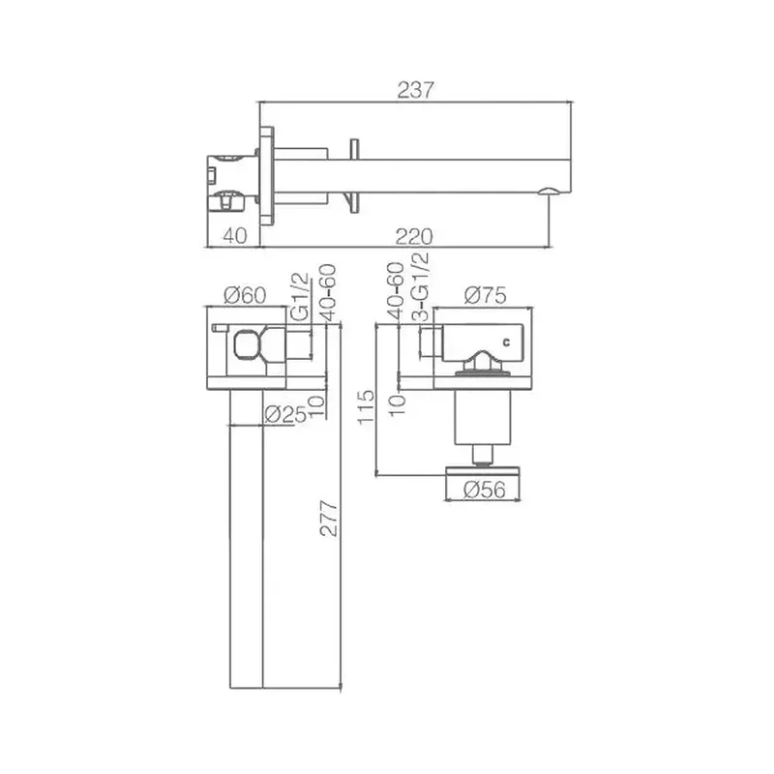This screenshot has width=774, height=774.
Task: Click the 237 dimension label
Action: coord(415,90)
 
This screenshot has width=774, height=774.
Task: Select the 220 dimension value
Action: coord(414,237)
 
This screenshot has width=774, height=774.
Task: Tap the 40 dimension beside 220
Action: coord(235,236)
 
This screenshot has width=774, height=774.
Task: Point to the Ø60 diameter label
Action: coord(245,295)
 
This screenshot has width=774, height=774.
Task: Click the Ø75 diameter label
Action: coord(486,295)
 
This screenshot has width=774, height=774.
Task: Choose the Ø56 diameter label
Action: coord(486,490)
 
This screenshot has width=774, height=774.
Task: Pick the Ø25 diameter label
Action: coord(284,414)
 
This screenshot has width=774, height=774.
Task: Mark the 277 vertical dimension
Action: coord(329,519)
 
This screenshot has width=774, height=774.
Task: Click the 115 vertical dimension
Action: coord(367,406)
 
